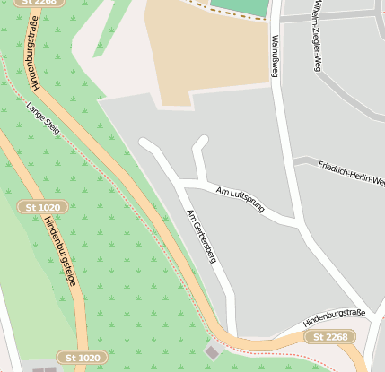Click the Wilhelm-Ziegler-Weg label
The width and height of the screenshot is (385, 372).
coord(316,36)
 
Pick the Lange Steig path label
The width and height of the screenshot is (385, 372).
coord(43,118)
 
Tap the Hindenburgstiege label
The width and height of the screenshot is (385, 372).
coord(60,255)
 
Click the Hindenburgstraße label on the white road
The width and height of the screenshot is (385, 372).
coord(335,316)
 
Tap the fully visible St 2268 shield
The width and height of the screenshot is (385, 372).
coord(329,337)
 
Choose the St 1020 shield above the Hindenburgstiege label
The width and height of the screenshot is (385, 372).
coord(42,207)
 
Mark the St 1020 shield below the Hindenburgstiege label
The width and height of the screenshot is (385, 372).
coord(83,358)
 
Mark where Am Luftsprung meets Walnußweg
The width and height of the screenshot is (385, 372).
coord(295,221)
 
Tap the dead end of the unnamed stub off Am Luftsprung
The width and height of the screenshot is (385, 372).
coord(204,141)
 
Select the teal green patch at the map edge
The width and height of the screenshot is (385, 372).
coord(241,8)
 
